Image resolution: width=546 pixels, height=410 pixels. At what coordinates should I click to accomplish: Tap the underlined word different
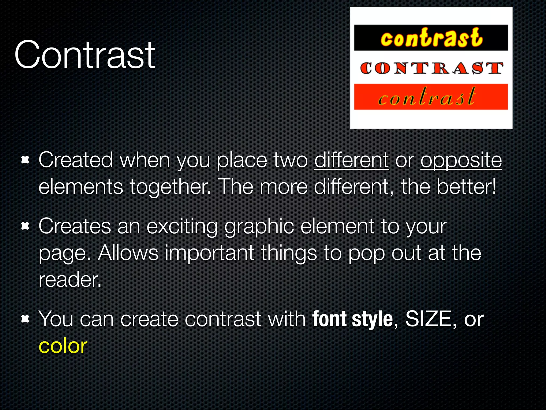tap(351, 160)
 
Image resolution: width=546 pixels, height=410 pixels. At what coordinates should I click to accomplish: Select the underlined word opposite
tap(461, 160)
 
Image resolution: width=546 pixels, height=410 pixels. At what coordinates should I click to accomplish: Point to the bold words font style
tap(352, 319)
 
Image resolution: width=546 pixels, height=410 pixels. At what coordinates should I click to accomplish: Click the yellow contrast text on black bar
tap(431, 38)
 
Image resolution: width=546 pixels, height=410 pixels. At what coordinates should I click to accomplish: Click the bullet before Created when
tap(25, 160)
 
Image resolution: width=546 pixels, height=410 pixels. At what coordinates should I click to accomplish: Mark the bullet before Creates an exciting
tap(25, 226)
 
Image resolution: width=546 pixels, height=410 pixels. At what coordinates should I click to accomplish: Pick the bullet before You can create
tap(25, 319)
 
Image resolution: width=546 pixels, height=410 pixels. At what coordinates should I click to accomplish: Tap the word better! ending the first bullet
tap(467, 187)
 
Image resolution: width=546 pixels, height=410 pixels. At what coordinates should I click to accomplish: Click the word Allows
tap(128, 253)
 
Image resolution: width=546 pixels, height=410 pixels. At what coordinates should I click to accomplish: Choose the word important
tap(210, 253)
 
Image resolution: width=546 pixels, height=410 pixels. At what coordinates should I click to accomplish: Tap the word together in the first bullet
tap(171, 187)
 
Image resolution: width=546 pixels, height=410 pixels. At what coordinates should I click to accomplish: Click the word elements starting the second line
tap(81, 187)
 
